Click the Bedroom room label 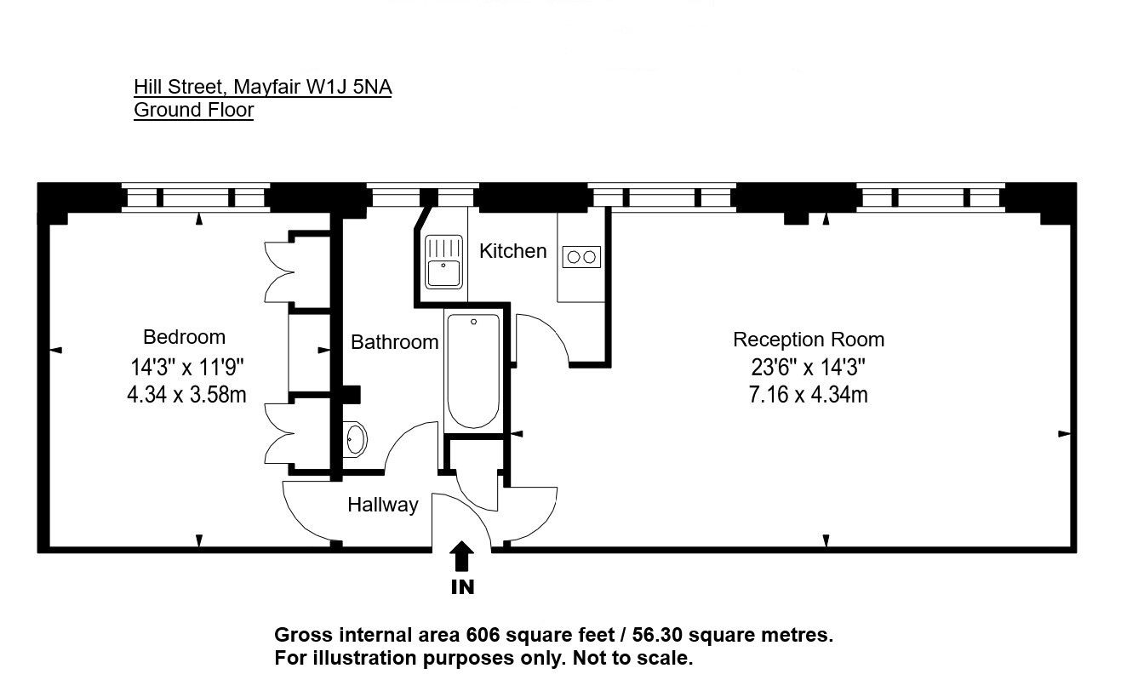(x=184, y=337)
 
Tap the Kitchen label (x=513, y=251)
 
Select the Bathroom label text (x=394, y=342)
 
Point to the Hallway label (x=383, y=505)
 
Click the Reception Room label (x=809, y=340)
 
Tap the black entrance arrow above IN (x=461, y=556)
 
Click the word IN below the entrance (x=462, y=587)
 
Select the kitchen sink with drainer (x=443, y=261)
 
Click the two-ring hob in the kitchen (x=581, y=257)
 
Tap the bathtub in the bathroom (x=473, y=371)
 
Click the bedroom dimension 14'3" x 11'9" (x=187, y=368)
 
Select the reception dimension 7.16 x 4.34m (x=809, y=395)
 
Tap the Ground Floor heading (x=194, y=110)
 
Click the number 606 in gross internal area (x=483, y=635)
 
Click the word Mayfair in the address (x=267, y=88)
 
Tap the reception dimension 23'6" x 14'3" (x=809, y=368)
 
